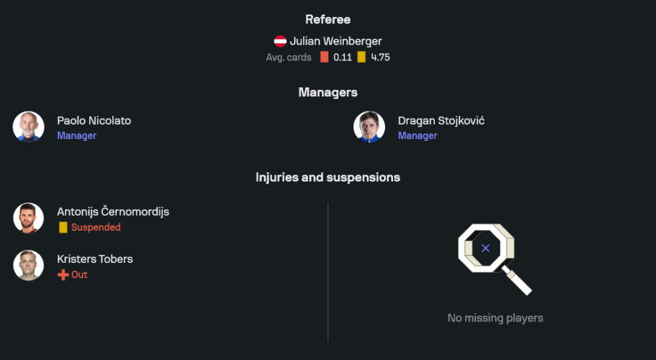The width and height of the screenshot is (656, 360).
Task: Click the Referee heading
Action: tap(327, 19)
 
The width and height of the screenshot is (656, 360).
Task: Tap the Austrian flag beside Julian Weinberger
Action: tap(280, 41)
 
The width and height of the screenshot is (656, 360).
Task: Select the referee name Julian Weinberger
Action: tap(335, 41)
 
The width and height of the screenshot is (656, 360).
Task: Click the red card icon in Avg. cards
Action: tap(324, 57)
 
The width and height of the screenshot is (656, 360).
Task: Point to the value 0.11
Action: tap(342, 57)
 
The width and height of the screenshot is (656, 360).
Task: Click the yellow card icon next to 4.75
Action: tap(361, 57)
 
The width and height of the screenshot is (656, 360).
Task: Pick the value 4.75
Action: tap(380, 57)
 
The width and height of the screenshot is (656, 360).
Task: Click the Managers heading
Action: tap(327, 92)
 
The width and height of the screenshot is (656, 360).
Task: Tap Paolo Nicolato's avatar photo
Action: tap(28, 127)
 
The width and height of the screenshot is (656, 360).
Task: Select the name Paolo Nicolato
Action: tap(94, 121)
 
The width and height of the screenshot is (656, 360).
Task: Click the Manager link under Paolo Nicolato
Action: tap(77, 136)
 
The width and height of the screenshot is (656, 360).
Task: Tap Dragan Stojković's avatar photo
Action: tap(369, 127)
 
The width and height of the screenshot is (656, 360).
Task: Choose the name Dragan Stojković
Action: tap(441, 121)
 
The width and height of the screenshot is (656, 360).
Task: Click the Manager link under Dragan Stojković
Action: tap(417, 136)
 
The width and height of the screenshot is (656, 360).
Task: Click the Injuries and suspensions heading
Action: tap(327, 177)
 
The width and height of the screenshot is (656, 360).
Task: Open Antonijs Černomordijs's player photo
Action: tap(28, 218)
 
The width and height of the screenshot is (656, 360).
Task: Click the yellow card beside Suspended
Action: tap(63, 227)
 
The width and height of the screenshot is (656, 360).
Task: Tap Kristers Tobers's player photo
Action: tap(28, 265)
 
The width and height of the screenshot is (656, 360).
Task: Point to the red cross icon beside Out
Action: tap(63, 275)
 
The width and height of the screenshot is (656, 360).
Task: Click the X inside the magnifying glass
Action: tap(485, 249)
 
